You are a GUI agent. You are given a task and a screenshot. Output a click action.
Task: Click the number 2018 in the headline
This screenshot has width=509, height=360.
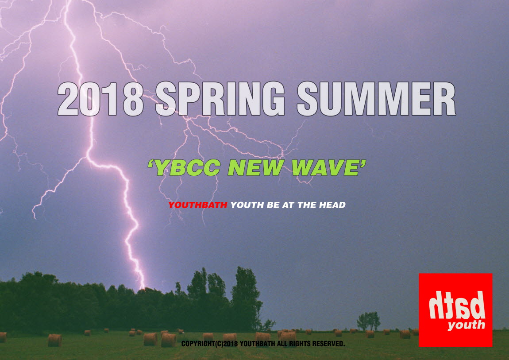[x=100, y=99]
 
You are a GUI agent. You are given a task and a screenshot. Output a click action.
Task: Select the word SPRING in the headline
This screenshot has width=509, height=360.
[x=220, y=99]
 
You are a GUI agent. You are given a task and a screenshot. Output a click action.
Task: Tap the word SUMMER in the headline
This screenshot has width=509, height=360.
[x=376, y=99]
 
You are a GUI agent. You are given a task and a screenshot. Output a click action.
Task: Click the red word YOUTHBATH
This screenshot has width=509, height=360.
[x=198, y=205]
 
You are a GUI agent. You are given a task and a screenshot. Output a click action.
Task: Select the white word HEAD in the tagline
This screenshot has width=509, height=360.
[x=332, y=205]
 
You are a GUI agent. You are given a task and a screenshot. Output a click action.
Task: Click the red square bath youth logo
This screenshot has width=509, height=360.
[x=455, y=310]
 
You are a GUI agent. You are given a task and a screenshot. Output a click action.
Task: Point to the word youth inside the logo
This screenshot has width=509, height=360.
[x=467, y=325]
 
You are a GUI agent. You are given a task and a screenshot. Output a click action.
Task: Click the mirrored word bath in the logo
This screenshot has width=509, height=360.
[x=457, y=305]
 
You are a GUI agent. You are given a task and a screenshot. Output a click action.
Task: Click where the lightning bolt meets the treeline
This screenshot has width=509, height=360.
[x=142, y=288]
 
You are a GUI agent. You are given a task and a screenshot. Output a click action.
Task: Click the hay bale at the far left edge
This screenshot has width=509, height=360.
[x=3, y=337]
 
